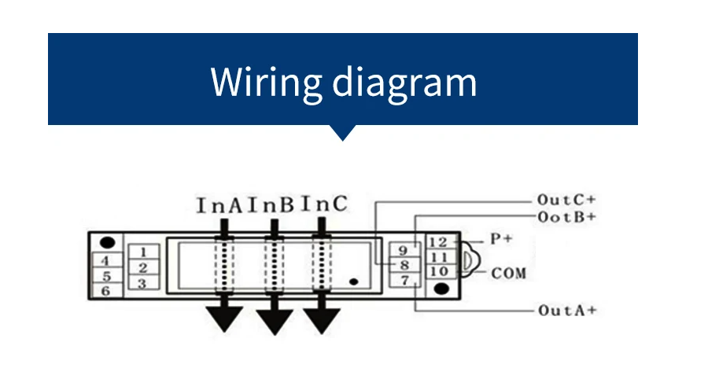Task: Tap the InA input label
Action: [x=221, y=206]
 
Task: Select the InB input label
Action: [x=271, y=206]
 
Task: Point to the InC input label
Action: [x=323, y=205]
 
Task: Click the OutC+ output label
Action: [x=566, y=200]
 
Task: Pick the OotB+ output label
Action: [x=566, y=215]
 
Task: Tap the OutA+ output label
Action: [x=566, y=311]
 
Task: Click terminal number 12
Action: [x=440, y=242]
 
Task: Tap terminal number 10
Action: [x=440, y=271]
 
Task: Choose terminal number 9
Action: [x=402, y=251]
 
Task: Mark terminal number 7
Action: [x=402, y=280]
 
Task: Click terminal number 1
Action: [x=143, y=252]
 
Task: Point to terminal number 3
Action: [x=143, y=282]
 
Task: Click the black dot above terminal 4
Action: [x=109, y=242]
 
